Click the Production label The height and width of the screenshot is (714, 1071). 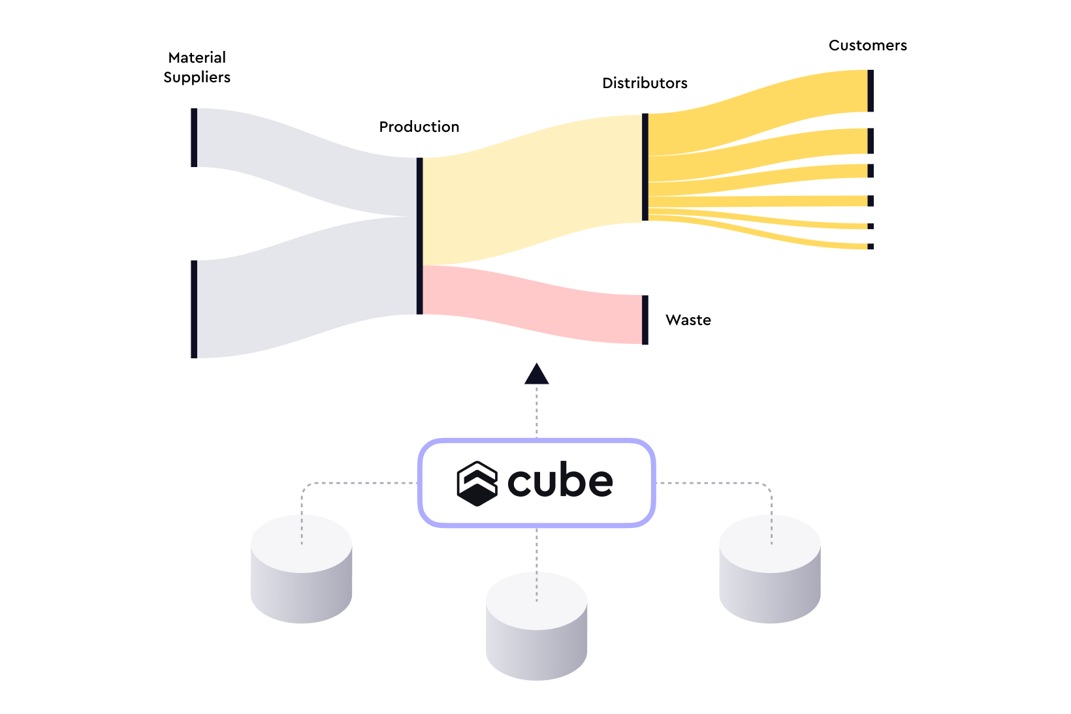419,127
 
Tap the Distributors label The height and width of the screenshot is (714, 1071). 645,83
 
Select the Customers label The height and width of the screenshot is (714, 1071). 867,46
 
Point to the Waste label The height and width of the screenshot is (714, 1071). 688,320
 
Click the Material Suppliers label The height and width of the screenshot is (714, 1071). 197,67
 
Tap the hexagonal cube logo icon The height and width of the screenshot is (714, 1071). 477,484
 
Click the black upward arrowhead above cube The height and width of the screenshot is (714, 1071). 536,374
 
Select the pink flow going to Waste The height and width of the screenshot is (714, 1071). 533,304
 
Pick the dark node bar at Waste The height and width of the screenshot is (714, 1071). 645,320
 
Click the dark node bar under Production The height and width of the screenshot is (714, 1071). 420,236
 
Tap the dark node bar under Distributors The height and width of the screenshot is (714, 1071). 645,167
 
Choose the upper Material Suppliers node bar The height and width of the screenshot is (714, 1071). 194,138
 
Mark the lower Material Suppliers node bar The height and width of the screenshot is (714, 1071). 194,309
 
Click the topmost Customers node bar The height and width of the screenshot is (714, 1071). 871,91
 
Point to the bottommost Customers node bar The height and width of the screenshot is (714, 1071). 871,247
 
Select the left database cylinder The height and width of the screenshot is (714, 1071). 301,568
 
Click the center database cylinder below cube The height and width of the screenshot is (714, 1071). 536,626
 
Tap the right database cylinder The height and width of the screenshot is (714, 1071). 770,568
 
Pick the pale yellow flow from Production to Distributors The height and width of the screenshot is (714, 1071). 533,191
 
